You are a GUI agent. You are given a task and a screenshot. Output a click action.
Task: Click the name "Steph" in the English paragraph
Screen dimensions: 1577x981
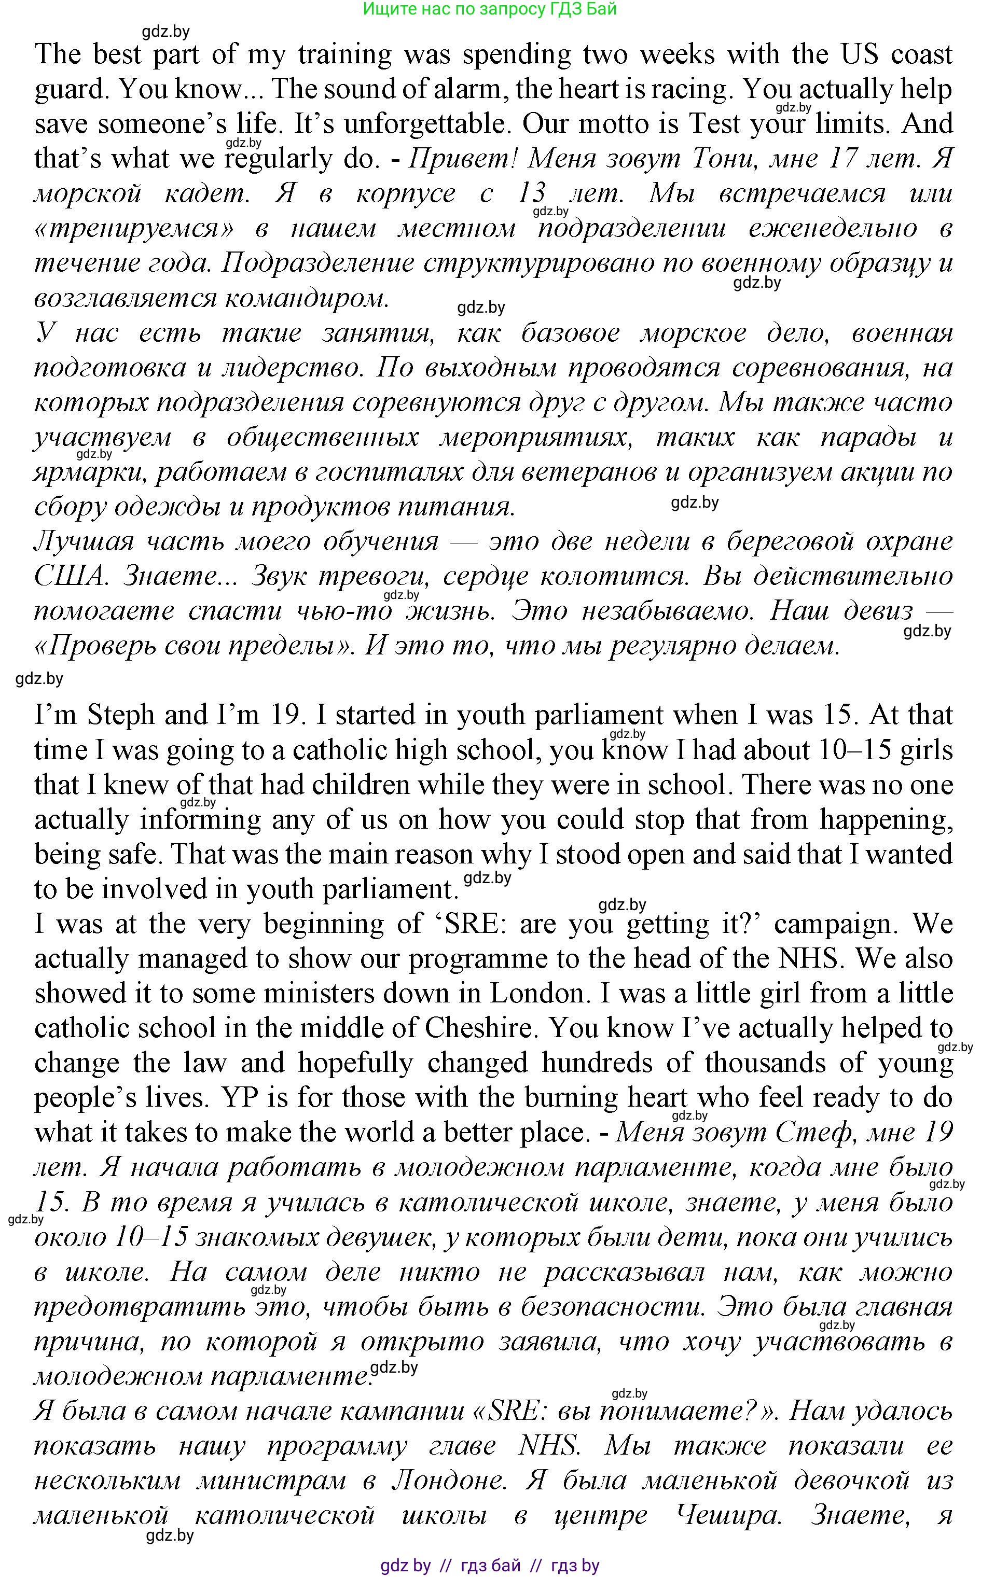[x=122, y=715]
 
